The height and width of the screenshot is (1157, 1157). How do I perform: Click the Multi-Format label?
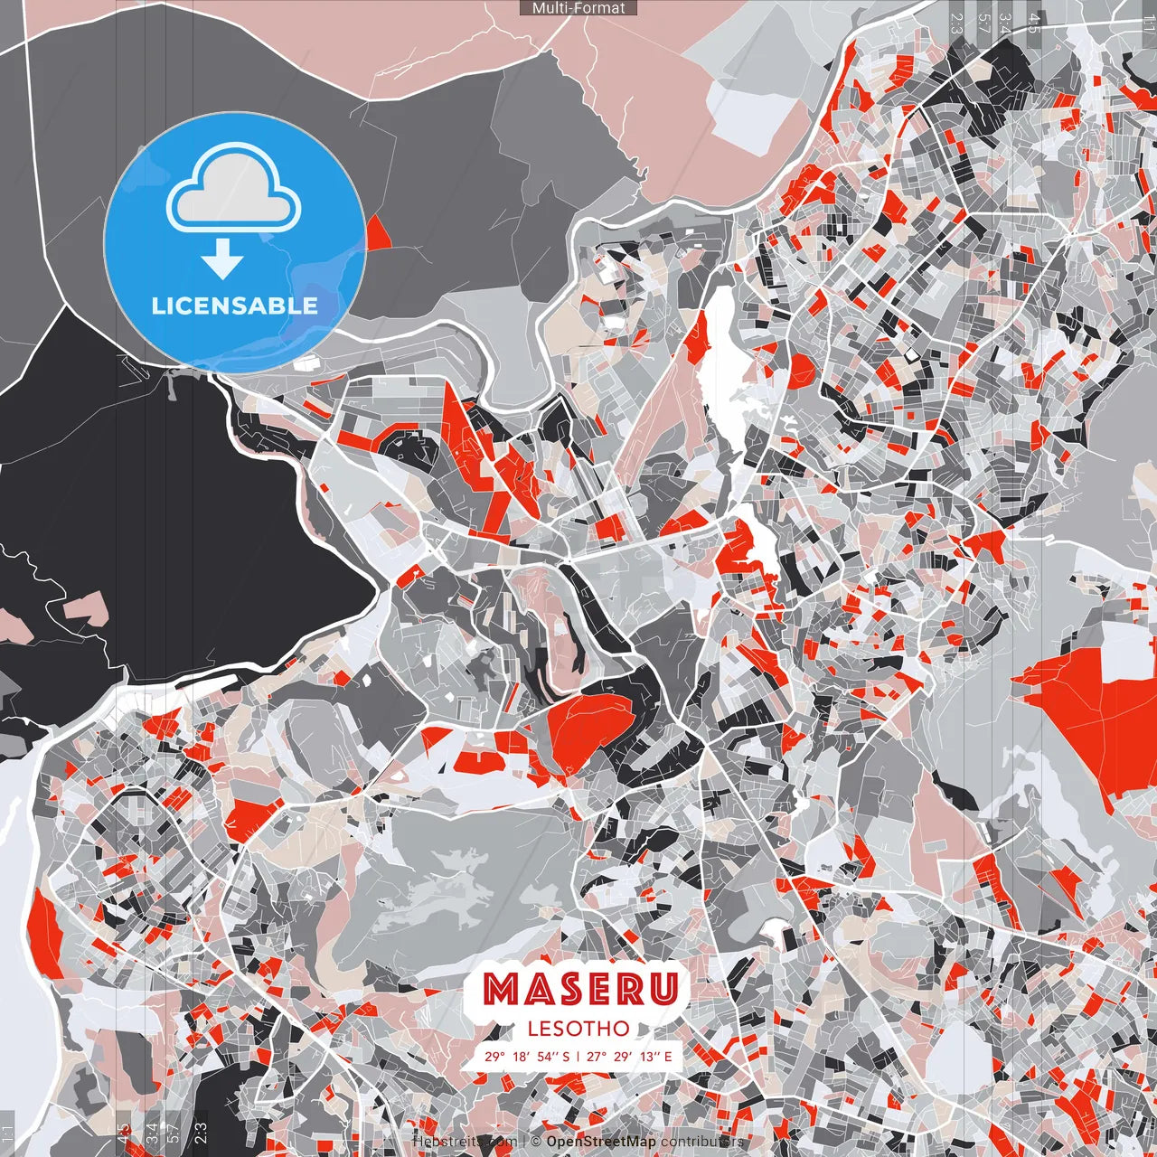pos(578,8)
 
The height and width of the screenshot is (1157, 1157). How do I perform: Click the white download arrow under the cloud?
pos(222,259)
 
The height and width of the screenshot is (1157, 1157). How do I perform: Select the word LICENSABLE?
pos(235,306)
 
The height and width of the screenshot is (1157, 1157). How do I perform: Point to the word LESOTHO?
pos(578,1029)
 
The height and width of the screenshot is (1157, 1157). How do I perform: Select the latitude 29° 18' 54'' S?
pos(527,1056)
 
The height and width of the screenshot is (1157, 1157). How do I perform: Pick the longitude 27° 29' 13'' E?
pos(629,1056)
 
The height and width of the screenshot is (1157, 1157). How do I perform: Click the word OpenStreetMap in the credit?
pos(601,1142)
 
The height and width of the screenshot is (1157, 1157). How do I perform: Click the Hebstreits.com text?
pos(465,1142)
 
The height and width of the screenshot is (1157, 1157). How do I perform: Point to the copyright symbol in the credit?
pos(537,1142)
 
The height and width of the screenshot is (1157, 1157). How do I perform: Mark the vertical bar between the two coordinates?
pos(578,1056)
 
